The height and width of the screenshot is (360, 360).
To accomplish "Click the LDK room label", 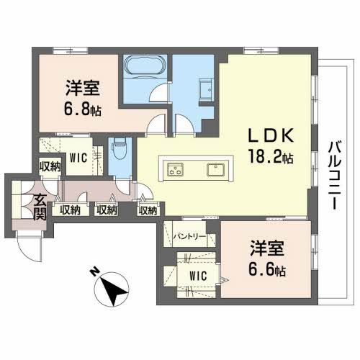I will (x=270, y=135).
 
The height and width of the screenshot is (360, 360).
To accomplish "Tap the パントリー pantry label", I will (x=190, y=235).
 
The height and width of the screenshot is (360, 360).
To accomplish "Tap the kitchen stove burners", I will (x=176, y=171).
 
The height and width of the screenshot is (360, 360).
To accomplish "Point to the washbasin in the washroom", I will (x=204, y=90).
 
